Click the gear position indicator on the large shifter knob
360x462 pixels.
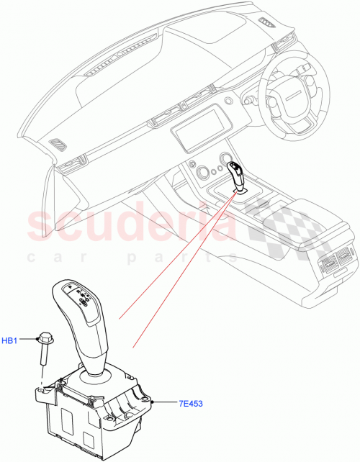coord(80,301)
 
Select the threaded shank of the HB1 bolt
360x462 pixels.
coord(42,358)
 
